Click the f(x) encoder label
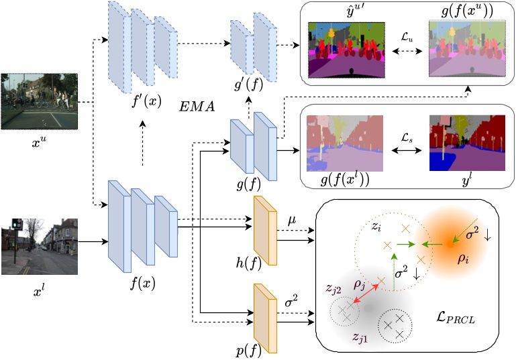142,282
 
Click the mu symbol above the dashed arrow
292,219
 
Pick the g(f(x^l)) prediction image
345,143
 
